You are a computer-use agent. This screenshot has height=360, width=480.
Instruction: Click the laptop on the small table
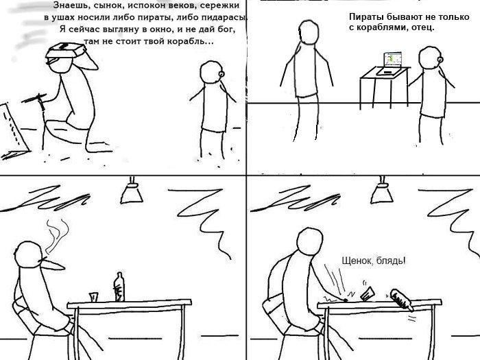point(389,64)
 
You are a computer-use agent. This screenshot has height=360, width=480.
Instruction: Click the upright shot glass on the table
point(94,297)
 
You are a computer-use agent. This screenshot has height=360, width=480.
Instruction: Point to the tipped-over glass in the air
point(368,293)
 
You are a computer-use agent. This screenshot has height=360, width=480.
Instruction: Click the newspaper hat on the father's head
point(66,50)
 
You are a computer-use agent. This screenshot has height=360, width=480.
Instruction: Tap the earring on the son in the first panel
point(221,74)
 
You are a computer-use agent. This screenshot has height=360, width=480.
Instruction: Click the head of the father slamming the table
point(309,241)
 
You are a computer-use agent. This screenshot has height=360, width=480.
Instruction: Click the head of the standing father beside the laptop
point(309,32)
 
